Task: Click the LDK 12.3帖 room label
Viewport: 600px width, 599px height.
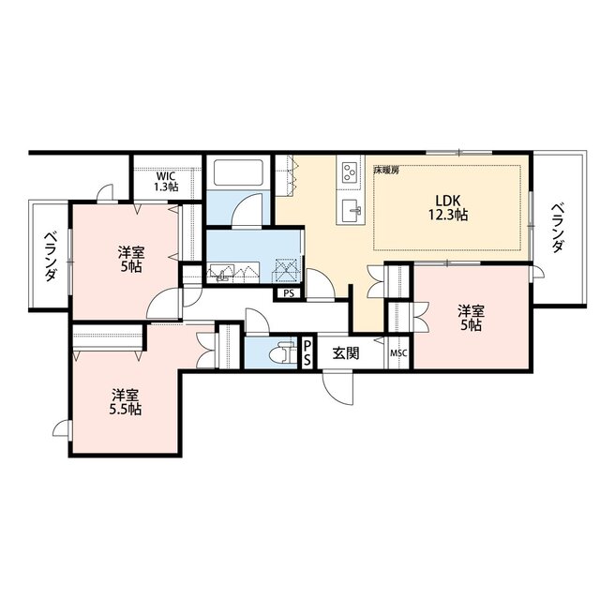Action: pos(448,208)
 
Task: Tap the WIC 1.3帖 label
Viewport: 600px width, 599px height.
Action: pos(166,182)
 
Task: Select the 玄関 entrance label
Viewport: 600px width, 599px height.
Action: pos(346,353)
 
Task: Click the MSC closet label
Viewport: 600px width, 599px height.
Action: pos(398,353)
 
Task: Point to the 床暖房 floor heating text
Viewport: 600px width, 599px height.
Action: pos(386,171)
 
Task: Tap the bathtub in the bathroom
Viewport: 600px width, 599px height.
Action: pos(238,172)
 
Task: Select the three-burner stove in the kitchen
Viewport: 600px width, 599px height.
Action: pos(350,172)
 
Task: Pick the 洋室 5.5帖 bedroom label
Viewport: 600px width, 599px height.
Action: pos(126,402)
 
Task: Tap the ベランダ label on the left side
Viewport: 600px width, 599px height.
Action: pos(50,256)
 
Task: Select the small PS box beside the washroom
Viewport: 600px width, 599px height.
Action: pos(289,293)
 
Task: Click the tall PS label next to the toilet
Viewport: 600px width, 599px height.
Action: pos(307,352)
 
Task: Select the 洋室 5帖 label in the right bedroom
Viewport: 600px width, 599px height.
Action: pos(472,318)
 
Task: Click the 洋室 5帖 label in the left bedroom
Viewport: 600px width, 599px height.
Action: pos(131,260)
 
